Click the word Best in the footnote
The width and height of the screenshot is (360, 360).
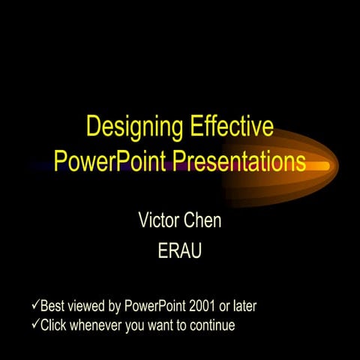point(52,306)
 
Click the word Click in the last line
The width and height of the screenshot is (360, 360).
point(53,325)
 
